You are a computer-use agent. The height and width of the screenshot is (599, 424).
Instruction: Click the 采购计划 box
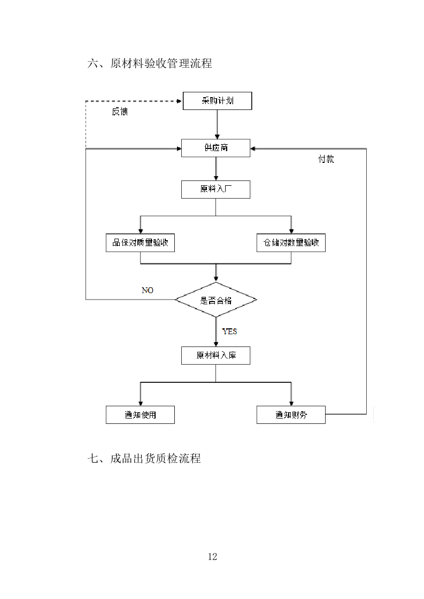(x=217, y=101)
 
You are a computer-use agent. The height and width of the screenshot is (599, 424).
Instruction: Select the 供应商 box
(x=215, y=148)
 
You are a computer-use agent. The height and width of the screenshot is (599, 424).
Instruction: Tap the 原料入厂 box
(x=215, y=190)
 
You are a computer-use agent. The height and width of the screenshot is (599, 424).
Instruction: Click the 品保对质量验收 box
(x=140, y=243)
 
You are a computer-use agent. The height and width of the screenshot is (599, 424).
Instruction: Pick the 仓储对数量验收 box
(x=291, y=243)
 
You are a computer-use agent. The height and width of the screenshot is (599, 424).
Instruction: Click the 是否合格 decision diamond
(x=216, y=300)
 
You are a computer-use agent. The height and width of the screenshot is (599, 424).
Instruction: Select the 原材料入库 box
(x=215, y=356)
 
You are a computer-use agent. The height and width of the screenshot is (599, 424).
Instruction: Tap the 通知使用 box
(x=140, y=415)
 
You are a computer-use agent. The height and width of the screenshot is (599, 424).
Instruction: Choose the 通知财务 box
(x=291, y=415)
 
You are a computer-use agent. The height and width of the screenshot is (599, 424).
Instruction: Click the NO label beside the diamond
(x=147, y=290)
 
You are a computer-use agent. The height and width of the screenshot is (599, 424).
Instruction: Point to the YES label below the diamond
(x=229, y=332)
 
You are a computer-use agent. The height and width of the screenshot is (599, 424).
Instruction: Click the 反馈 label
(x=119, y=112)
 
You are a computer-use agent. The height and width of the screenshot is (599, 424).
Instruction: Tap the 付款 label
(x=326, y=159)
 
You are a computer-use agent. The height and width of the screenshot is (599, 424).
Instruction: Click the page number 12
(x=212, y=557)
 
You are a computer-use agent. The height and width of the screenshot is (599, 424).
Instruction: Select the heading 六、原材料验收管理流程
(x=150, y=64)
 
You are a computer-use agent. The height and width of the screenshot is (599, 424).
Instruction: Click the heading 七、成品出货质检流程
(x=144, y=458)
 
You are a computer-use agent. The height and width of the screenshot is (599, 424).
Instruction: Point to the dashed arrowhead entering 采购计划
(x=179, y=101)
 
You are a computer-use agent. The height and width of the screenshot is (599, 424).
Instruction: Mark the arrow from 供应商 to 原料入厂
(x=216, y=169)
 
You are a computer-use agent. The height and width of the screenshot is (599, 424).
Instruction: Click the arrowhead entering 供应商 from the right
(x=253, y=148)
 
